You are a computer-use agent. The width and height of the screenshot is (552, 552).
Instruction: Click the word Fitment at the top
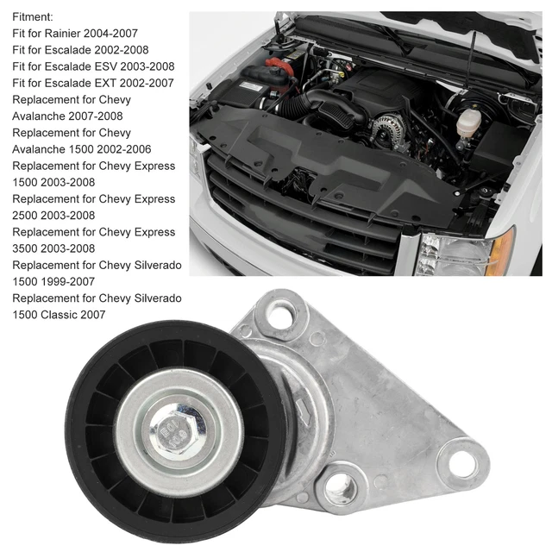pos(33,16)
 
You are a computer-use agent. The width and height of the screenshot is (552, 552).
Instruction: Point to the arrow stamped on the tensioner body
pos(302,405)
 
